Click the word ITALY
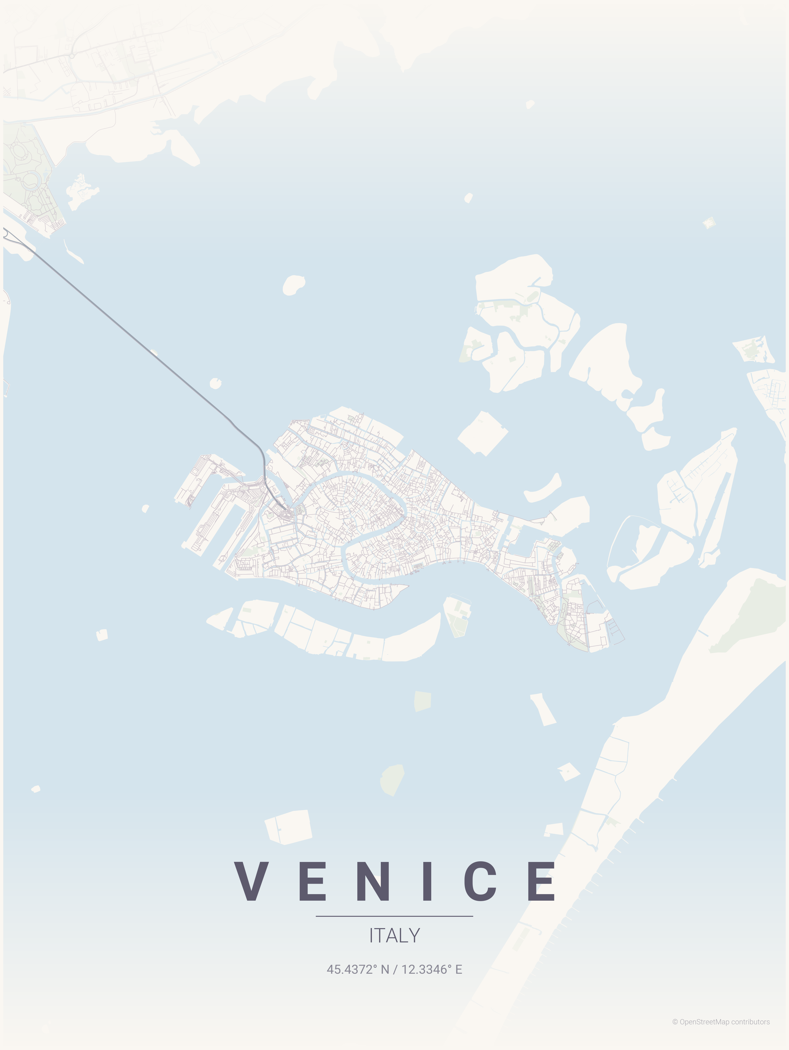[x=394, y=936]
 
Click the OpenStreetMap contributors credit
[x=721, y=1022]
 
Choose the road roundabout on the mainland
[x=72, y=56]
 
